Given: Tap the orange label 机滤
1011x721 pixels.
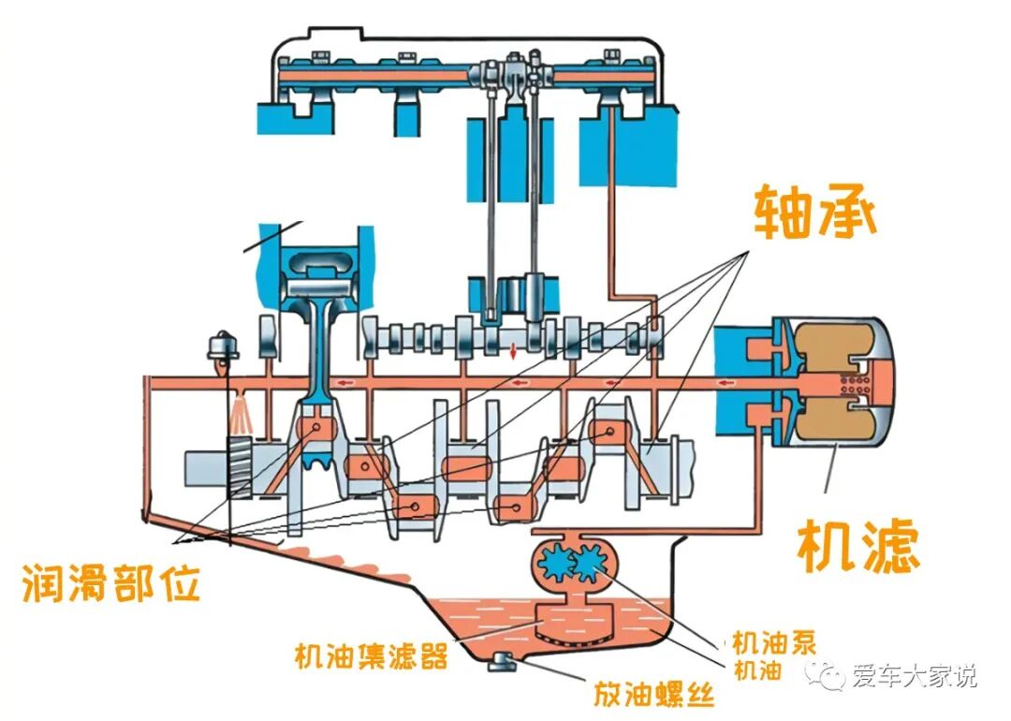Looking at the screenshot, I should [x=857, y=545].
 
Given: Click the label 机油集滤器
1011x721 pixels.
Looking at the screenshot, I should [x=371, y=655].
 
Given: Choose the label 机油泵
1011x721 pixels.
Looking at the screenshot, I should [x=774, y=642].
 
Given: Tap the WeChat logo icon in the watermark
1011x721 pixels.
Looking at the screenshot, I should [x=829, y=676].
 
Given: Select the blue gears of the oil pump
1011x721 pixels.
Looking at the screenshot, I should [x=570, y=564].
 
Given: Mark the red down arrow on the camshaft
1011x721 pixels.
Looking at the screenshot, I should [x=513, y=354].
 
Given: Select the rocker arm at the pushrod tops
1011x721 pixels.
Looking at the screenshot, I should [x=509, y=70].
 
